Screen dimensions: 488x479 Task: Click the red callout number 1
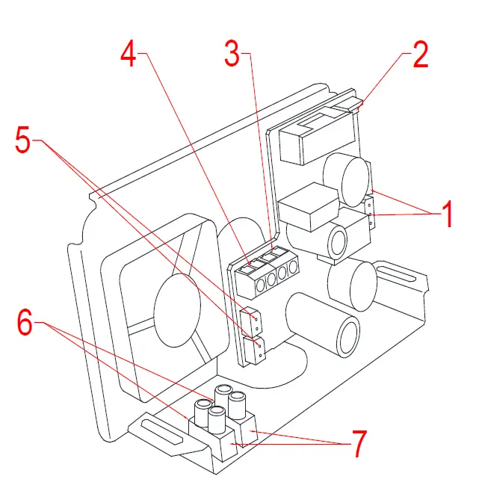tap(447, 215)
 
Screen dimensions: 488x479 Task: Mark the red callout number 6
tap(25, 324)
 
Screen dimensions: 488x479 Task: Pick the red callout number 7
tap(359, 444)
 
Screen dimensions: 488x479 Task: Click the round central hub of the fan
tap(177, 310)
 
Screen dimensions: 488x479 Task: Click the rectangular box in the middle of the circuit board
tap(306, 207)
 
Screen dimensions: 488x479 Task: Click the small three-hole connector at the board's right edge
tap(369, 214)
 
